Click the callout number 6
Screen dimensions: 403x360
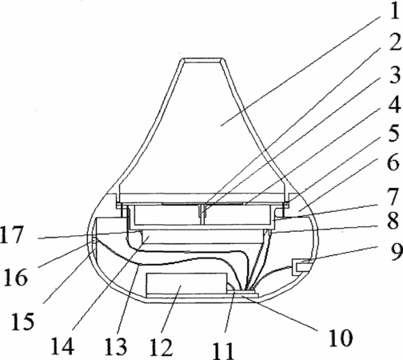[393, 162]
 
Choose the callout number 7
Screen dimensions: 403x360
[393, 198]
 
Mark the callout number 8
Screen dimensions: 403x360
[393, 222]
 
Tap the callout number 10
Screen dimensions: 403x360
[341, 338]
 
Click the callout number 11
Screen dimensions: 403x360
[223, 350]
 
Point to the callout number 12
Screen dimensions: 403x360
[161, 347]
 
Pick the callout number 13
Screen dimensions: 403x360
[115, 346]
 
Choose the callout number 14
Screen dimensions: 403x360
[62, 346]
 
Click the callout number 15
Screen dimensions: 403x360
[23, 322]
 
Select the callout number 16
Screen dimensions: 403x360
[15, 278]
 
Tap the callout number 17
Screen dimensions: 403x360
[12, 234]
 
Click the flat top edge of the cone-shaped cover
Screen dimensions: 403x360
[201, 61]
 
